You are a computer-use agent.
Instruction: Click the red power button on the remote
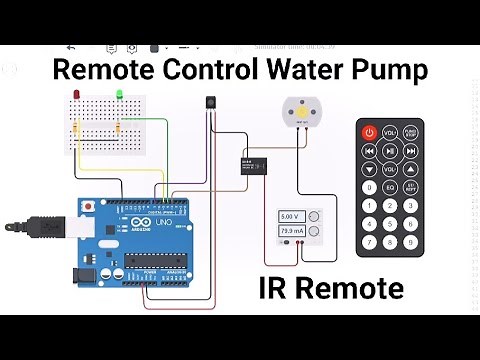[369, 132]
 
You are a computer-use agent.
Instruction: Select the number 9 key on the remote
[410, 241]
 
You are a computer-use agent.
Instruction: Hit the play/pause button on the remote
[410, 151]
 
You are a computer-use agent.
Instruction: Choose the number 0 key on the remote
[369, 187]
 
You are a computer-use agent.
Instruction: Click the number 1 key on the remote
[369, 205]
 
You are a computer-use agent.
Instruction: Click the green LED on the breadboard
[119, 95]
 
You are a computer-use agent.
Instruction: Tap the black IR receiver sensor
[210, 103]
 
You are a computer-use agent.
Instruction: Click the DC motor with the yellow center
[301, 113]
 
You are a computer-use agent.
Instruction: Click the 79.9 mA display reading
[293, 232]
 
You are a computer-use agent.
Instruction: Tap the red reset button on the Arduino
[92, 206]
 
